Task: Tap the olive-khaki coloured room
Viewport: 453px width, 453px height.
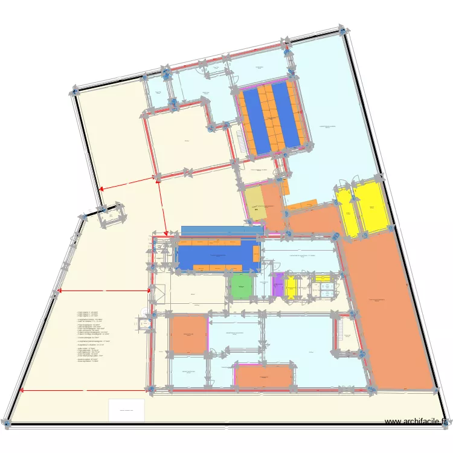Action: click(x=256, y=204)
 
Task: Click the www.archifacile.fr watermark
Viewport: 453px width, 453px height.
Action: click(x=417, y=422)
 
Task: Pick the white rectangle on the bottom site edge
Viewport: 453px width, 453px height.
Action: click(x=126, y=410)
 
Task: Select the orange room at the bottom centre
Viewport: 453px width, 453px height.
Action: click(x=263, y=375)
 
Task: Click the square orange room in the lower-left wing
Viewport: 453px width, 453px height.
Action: click(x=188, y=334)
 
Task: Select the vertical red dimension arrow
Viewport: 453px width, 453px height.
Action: click(x=161, y=205)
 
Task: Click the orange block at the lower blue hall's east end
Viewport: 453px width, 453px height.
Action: click(x=256, y=254)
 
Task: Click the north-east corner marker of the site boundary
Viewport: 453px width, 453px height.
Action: click(x=345, y=30)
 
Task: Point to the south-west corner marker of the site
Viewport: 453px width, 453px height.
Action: click(x=7, y=423)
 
